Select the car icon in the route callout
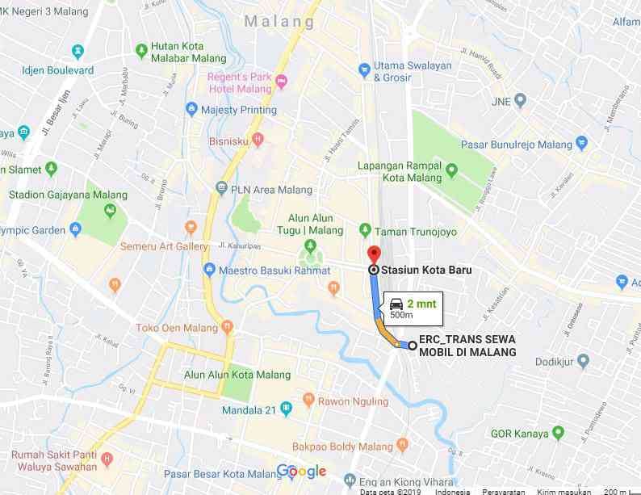point(396,304)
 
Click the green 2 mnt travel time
point(421,303)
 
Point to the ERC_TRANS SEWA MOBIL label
point(467,346)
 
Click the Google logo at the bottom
point(301,472)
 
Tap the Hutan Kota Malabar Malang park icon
point(142,50)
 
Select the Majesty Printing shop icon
point(191,109)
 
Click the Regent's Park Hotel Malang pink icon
point(281,82)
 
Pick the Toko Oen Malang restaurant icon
point(227,328)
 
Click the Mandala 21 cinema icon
point(285,409)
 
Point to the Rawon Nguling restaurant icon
point(308,401)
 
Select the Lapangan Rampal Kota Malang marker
point(451,171)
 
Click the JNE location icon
point(521,101)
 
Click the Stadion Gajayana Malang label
point(68,195)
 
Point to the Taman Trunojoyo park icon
point(365,231)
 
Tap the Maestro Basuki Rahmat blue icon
point(209,269)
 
